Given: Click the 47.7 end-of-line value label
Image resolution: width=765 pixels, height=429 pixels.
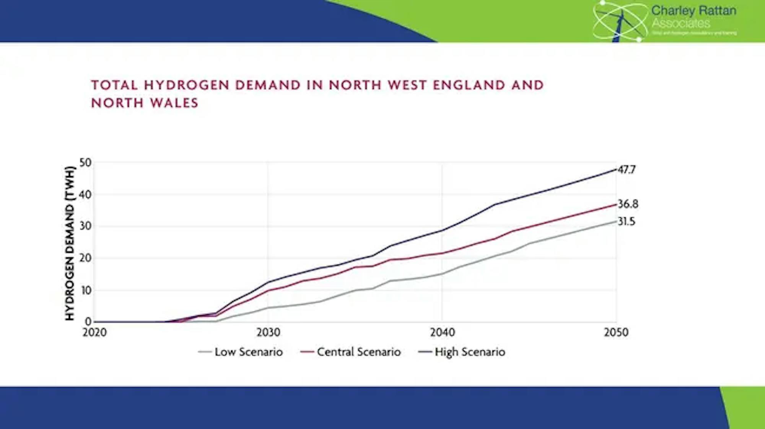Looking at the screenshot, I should pyautogui.click(x=627, y=170).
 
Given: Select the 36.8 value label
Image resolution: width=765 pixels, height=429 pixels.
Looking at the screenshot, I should pyautogui.click(x=628, y=204).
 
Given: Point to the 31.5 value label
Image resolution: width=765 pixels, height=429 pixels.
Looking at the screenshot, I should pyautogui.click(x=626, y=221).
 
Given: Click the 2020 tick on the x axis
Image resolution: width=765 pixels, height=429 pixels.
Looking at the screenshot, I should pyautogui.click(x=94, y=332).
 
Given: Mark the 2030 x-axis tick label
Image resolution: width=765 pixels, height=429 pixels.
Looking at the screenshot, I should pyautogui.click(x=268, y=332).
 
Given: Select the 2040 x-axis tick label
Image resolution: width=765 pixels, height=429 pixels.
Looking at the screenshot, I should pyautogui.click(x=442, y=332).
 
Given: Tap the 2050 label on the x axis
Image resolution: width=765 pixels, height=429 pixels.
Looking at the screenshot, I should pyautogui.click(x=616, y=332).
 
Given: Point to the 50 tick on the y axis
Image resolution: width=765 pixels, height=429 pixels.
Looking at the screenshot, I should pyautogui.click(x=86, y=163).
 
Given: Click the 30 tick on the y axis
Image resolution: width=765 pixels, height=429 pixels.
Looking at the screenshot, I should pyautogui.click(x=86, y=226).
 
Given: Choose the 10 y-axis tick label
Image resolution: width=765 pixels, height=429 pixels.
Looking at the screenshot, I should pyautogui.click(x=86, y=290).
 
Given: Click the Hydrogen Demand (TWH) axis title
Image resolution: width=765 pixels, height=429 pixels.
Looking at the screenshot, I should pyautogui.click(x=69, y=243).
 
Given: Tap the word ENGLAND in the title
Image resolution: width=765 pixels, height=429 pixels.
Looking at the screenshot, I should pyautogui.click(x=469, y=85).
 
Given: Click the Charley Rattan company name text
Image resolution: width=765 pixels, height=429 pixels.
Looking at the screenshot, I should pyautogui.click(x=693, y=11).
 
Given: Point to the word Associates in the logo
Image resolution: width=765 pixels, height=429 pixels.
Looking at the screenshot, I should pyautogui.click(x=681, y=23).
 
